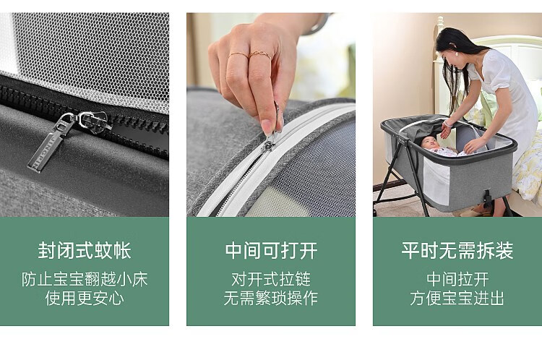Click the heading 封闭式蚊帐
(x=85, y=250)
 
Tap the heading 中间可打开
(x=271, y=250)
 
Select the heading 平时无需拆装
(x=457, y=250)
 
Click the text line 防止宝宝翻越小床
(x=85, y=279)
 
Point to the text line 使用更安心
(x=85, y=298)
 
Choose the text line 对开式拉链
(x=271, y=279)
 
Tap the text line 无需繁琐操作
(x=271, y=298)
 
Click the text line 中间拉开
(x=457, y=279)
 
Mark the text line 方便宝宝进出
(x=457, y=298)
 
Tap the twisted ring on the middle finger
(x=259, y=54)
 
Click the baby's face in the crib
(x=429, y=142)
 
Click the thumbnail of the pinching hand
(x=267, y=127)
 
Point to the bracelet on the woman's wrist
(x=447, y=123)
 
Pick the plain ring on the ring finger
(x=238, y=54)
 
